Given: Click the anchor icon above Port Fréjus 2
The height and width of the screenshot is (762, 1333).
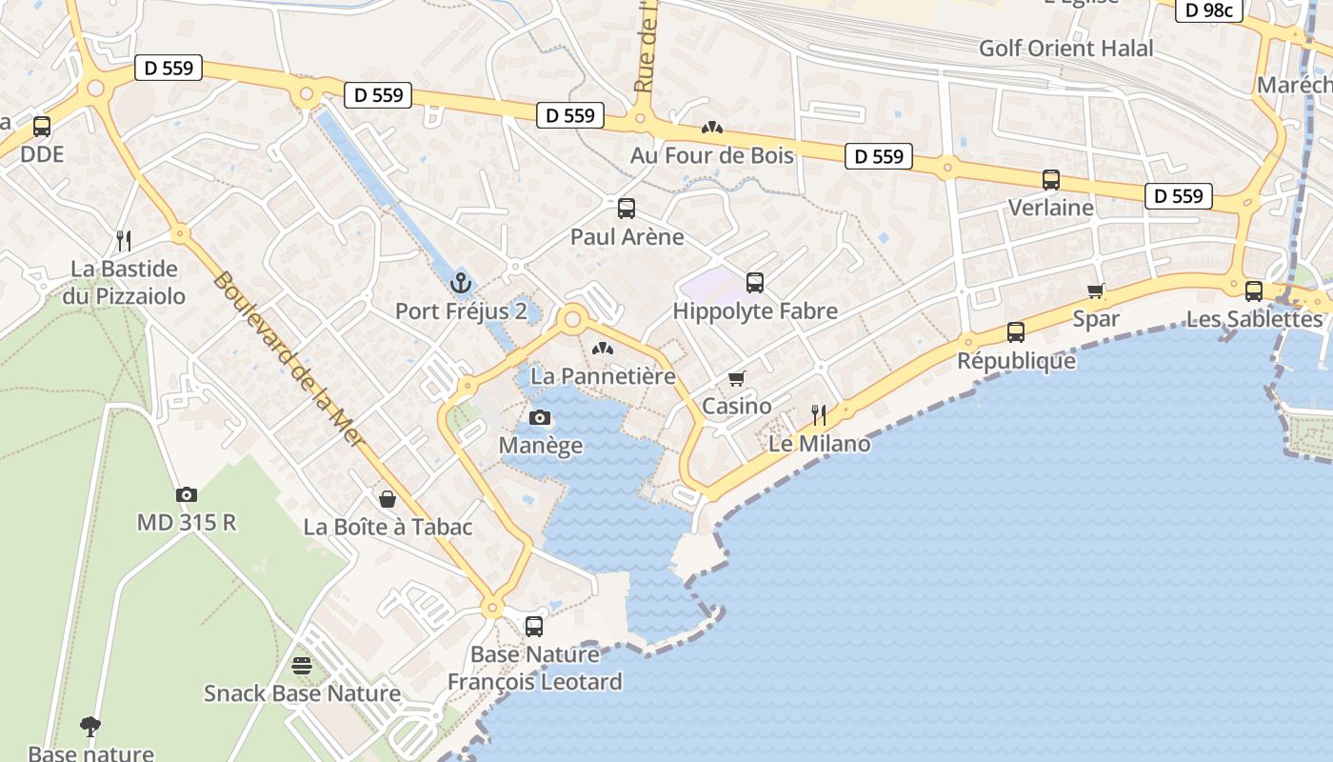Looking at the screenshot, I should [x=461, y=283].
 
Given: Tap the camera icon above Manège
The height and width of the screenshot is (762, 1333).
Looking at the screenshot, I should [x=540, y=417].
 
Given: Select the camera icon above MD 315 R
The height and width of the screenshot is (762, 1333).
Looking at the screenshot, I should [x=187, y=494].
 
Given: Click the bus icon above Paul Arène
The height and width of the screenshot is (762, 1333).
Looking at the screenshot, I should [x=627, y=209].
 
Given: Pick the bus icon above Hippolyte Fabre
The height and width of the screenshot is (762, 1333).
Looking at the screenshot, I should [x=755, y=282].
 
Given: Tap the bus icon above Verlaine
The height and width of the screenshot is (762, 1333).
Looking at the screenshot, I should [x=1051, y=179].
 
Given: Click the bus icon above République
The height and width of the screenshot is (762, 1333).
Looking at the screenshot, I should [x=1016, y=332].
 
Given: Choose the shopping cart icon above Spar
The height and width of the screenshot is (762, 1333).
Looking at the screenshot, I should [x=1096, y=291].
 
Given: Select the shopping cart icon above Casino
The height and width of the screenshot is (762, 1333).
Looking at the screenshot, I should [x=736, y=378].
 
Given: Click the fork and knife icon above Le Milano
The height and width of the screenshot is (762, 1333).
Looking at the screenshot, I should [x=818, y=414].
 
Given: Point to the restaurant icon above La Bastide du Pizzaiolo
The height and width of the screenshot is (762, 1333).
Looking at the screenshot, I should [x=123, y=240].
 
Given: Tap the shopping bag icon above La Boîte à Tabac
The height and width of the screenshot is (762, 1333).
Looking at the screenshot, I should [x=388, y=498].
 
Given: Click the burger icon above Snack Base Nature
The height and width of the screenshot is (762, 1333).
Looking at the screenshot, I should [x=302, y=665].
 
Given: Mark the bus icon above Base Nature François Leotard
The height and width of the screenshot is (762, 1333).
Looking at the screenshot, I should [x=534, y=626].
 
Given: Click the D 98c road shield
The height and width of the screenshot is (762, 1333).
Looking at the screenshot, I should [x=1210, y=10].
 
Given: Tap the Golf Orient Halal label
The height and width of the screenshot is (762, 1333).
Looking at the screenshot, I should [x=1065, y=48].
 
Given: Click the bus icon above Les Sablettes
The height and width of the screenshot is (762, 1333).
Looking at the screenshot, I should [x=1254, y=291].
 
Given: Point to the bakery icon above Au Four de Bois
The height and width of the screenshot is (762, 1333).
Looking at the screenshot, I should [x=711, y=127].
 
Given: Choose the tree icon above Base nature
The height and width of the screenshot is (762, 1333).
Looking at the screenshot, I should [x=90, y=726].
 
